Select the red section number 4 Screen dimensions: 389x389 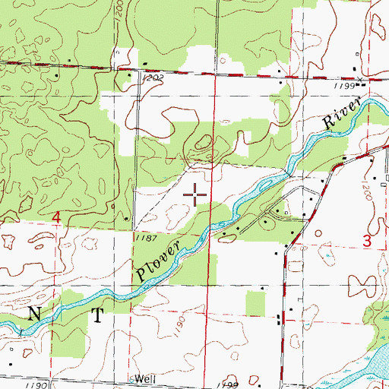[x=56, y=218]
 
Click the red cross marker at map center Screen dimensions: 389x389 [x=197, y=195]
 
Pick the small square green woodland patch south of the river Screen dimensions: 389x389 [x=256, y=305]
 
